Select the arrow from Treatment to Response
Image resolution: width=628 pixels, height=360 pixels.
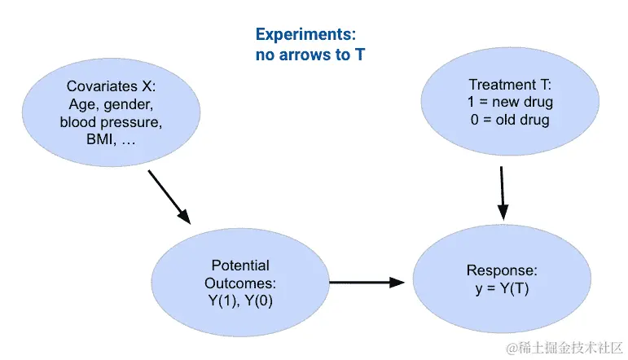pos(503,192)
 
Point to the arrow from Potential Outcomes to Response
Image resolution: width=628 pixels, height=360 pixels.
pos(367,283)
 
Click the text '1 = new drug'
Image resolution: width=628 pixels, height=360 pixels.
pos(510,102)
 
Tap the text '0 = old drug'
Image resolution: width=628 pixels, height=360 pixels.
pos(510,120)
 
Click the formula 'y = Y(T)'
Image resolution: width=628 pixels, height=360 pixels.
pos(502,288)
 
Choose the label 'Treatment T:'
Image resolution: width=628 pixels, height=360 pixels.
pos(510,85)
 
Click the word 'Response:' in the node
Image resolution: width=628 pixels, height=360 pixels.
pos(502,270)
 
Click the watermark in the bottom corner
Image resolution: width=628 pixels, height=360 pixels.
pos(564,348)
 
